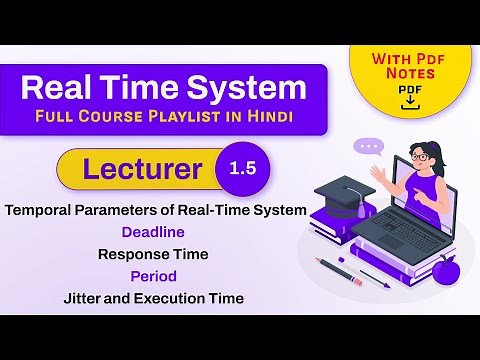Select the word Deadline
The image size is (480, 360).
(153, 232)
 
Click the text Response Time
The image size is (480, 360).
(153, 254)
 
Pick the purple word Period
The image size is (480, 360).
(153, 276)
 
